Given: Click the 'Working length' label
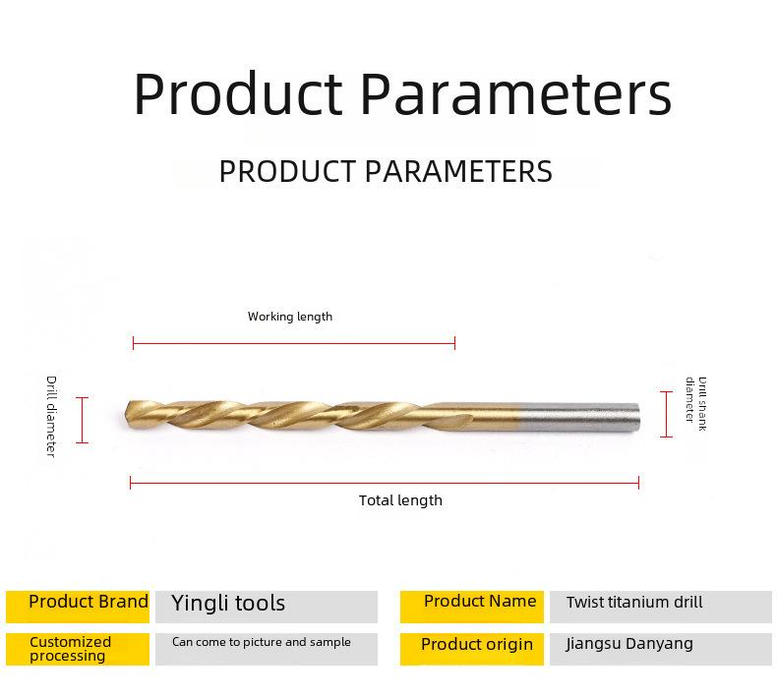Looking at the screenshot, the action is [x=290, y=317].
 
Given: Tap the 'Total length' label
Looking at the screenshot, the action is [x=400, y=500].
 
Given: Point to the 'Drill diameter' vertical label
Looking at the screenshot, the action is [x=51, y=416].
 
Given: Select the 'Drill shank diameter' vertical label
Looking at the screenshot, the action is [x=695, y=404].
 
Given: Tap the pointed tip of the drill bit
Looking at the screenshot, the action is [x=126, y=415].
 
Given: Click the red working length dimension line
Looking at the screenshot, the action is [x=294, y=343].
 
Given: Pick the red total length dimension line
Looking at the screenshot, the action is [x=385, y=483].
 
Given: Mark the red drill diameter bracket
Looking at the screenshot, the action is [x=83, y=420].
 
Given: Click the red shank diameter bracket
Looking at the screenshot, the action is [x=667, y=414].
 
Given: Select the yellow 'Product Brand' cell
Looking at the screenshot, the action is [x=78, y=607].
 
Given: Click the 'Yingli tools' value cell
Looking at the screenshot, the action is [x=267, y=607].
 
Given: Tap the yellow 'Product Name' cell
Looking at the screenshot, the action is [x=472, y=607].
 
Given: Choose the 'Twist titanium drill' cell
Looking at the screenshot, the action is [x=661, y=607].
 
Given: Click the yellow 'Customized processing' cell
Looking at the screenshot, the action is [x=78, y=649].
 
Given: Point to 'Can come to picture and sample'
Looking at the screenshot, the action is [x=262, y=642].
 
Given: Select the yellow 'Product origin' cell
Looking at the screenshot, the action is [x=472, y=649].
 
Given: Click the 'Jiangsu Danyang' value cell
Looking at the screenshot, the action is [x=661, y=649].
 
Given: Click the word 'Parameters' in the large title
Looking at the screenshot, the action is [x=515, y=93].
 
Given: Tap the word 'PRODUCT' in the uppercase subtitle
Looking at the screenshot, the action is [x=287, y=171].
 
